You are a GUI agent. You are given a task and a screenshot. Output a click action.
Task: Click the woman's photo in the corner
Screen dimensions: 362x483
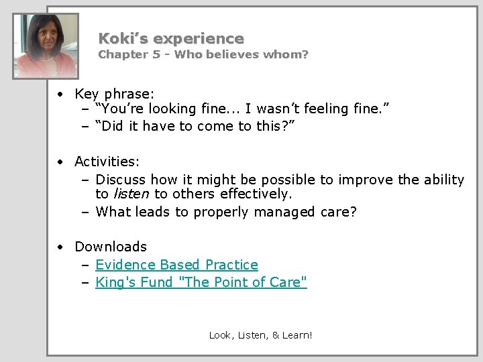point(46,46)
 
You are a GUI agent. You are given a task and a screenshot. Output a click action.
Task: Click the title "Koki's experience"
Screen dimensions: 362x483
point(171,39)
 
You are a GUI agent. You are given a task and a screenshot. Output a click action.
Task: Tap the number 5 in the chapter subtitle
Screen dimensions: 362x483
point(156,54)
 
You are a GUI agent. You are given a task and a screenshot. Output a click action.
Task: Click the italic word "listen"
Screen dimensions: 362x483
point(131,194)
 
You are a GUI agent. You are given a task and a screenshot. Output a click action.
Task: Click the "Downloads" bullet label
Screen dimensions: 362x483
point(110,247)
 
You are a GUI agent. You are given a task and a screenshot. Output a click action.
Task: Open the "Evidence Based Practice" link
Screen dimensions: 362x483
point(176,265)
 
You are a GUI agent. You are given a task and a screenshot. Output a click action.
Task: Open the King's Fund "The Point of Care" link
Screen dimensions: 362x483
point(201,282)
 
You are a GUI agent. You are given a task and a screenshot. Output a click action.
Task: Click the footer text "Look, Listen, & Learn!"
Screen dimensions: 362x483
point(260,335)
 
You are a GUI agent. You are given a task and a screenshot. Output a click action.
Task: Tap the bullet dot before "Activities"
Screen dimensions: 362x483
point(61,162)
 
